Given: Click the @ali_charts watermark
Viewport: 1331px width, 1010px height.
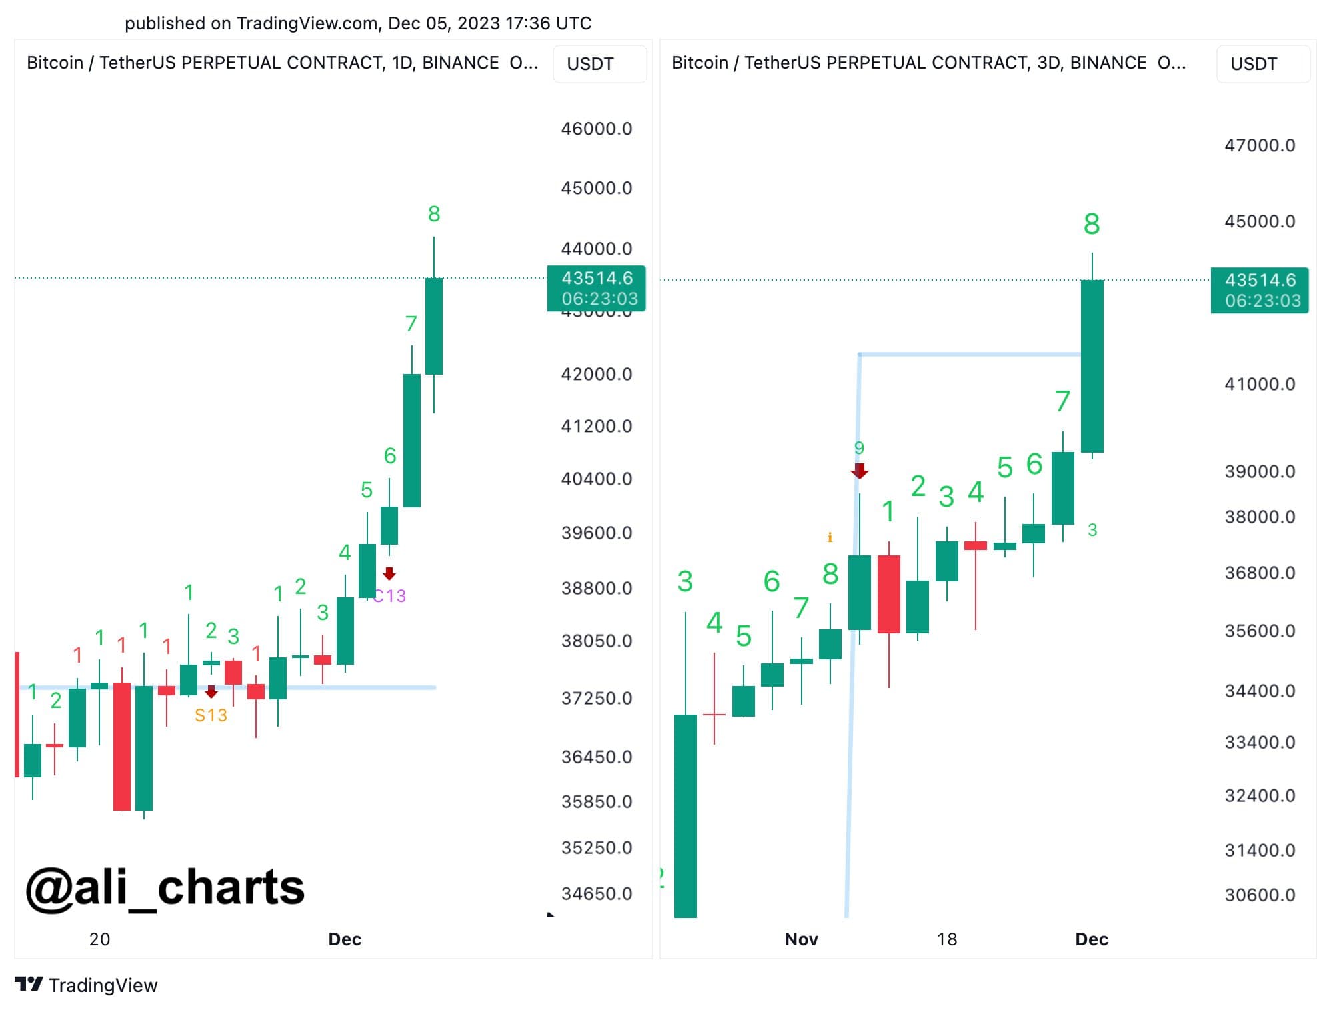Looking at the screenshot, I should point(165,887).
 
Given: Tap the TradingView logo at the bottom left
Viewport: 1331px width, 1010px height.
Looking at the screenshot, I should point(86,985).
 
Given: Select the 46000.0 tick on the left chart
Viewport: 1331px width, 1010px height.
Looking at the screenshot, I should point(596,129).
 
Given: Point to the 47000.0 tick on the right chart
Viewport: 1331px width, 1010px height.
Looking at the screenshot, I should point(1259,145).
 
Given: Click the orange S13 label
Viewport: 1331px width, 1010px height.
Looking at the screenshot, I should point(211,715).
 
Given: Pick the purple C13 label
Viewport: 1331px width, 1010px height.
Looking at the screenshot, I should point(389,595).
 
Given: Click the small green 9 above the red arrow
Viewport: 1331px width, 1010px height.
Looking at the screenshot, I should point(859,448).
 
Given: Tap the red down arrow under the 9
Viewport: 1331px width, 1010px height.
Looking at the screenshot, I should point(860,471).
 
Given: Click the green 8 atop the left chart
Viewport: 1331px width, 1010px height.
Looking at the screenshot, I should point(434,214).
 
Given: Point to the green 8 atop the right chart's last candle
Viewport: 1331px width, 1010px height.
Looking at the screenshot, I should point(1092,224).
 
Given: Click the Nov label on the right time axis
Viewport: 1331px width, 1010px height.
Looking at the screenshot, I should point(801,939).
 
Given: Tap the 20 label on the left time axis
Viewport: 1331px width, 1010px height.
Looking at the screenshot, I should point(99,939).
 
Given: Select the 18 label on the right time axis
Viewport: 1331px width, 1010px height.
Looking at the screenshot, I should point(946,939).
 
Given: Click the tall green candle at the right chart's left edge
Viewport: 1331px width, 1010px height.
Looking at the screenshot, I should point(686,813).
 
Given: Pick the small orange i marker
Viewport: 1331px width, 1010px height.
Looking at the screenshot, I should point(830,537).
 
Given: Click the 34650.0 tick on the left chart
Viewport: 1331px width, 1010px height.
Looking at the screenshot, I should point(596,893).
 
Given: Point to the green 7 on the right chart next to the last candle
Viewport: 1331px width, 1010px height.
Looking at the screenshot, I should point(1062,401).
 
